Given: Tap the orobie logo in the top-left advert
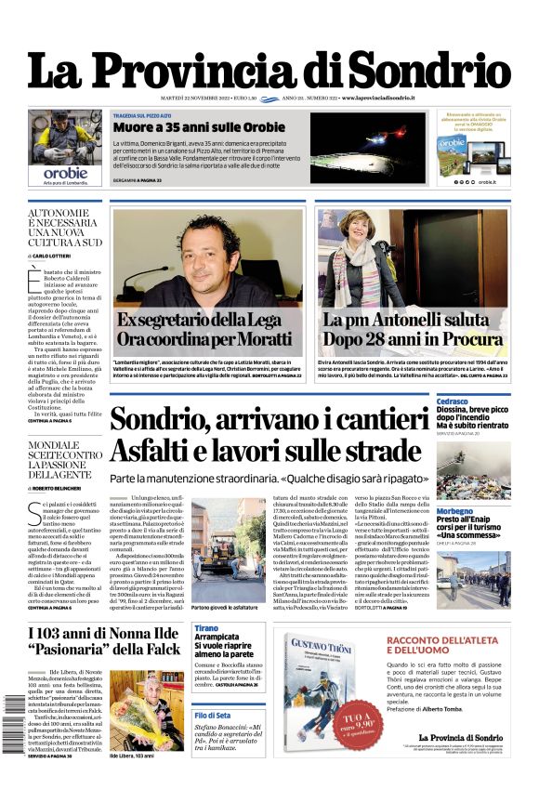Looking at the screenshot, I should click(x=66, y=172).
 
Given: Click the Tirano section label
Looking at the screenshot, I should click(x=206, y=629).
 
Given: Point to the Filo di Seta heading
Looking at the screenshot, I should click(x=213, y=715).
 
